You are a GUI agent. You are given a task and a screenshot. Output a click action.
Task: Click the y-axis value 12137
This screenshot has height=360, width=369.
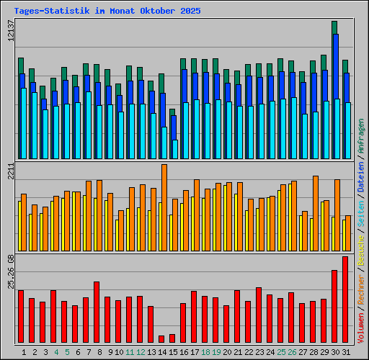(x=11, y=34)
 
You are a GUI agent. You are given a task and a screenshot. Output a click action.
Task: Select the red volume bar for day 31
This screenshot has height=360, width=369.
(x=345, y=300)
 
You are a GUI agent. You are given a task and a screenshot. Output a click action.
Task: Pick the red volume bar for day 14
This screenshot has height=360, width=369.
(x=161, y=338)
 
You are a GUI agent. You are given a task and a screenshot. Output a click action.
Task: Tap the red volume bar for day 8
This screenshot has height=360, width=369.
(x=97, y=312)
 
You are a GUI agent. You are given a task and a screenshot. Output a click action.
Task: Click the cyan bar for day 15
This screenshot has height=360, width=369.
(x=175, y=149)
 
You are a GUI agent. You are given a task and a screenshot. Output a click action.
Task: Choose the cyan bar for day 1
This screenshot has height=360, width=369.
(x=24, y=123)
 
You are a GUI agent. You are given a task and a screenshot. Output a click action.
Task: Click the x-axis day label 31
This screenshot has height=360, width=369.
(x=346, y=352)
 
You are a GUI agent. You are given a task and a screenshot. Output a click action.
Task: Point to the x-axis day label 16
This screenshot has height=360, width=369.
(x=184, y=352)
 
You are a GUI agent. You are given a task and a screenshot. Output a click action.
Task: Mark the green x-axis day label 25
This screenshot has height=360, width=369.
(x=281, y=352)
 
